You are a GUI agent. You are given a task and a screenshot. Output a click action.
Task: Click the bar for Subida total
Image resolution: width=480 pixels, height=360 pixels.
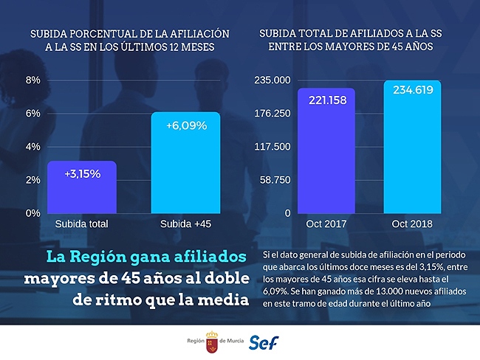pos(82,187)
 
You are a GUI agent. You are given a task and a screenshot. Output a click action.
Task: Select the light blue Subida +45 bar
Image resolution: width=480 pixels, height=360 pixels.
pos(185,163)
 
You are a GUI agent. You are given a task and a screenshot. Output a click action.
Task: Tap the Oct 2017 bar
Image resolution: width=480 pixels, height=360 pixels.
pos(326,150)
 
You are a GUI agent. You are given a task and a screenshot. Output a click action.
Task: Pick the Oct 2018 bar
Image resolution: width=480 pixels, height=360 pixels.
pos(412,147)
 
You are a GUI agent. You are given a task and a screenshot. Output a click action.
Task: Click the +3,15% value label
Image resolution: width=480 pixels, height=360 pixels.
pos(83,174)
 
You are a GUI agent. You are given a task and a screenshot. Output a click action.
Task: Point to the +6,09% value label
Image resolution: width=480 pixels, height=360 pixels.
pos(186,125)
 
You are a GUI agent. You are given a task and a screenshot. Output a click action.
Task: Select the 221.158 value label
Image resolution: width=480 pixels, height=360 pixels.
pos(328,100)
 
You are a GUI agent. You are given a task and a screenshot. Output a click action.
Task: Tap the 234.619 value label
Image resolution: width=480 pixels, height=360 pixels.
pos(413,90)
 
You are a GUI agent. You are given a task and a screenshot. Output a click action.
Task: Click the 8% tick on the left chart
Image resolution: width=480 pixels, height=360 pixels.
pos(33,80)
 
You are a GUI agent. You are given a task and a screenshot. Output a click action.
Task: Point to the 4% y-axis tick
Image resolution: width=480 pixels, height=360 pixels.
pos(33,147)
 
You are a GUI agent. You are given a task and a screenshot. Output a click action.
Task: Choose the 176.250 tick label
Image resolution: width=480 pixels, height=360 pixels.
pos(272,114)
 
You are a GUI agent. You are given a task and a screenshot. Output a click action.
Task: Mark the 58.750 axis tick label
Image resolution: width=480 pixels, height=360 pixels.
pos(275,180)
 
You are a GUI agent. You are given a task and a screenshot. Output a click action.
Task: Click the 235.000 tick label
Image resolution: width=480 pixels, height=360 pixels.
pos(272,80)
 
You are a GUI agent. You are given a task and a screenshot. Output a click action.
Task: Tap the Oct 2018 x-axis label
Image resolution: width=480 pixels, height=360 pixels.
pos(412,224)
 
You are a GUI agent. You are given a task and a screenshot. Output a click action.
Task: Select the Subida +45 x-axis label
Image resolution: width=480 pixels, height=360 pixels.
pos(186,224)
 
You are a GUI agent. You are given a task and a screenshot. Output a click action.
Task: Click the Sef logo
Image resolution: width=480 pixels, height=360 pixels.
pos(264,342)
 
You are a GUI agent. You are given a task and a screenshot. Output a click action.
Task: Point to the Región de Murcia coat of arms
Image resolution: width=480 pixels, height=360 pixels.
pos(212,342)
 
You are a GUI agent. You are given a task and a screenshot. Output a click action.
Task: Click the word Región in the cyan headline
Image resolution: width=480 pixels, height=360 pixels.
pos(98,257)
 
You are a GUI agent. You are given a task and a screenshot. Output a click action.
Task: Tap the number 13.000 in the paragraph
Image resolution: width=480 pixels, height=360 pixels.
pos(389,291)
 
